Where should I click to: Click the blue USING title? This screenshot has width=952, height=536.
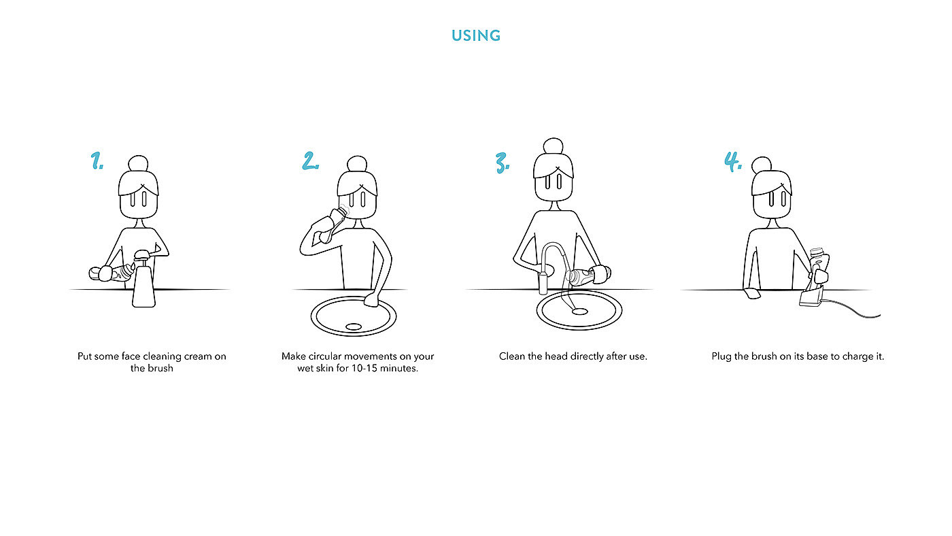point(475,35)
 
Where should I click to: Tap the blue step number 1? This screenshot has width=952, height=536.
point(97,161)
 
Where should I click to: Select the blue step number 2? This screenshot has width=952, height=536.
point(310,161)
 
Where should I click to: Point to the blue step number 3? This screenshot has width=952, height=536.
point(503,163)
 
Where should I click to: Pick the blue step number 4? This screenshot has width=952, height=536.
point(733,161)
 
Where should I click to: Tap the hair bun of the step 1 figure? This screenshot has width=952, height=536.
point(138,163)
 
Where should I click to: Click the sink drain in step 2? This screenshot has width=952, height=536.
point(354,326)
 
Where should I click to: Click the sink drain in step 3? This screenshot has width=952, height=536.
point(579,312)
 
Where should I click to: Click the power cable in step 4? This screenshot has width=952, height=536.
point(850,308)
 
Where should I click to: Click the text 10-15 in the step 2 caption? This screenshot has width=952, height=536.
point(364,368)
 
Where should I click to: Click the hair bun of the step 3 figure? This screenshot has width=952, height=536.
point(554,146)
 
